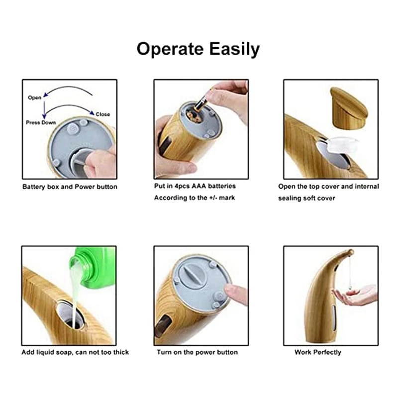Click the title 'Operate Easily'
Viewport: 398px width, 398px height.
(x=198, y=49)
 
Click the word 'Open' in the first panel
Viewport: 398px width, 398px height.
(x=34, y=98)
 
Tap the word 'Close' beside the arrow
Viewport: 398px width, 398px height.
(x=103, y=114)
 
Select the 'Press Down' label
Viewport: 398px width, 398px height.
(x=41, y=122)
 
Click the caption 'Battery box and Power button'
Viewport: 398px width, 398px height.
(x=70, y=187)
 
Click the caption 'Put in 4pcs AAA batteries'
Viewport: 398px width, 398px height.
(x=195, y=186)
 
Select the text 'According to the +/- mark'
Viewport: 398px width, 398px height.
(x=194, y=198)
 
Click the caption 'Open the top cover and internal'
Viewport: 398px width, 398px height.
(x=328, y=187)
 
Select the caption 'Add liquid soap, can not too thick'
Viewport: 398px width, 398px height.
(x=75, y=352)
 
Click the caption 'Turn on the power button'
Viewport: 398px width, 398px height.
(x=197, y=352)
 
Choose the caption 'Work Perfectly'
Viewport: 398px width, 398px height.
(x=318, y=352)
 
